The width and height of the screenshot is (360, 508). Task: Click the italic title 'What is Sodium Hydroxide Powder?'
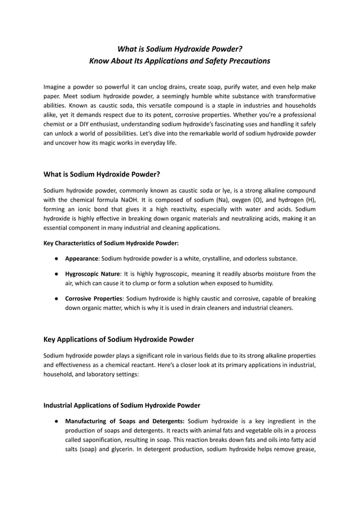[179, 48]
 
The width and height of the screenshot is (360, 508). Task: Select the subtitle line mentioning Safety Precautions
[179, 60]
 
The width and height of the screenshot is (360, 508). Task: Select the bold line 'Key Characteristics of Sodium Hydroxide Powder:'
[111, 244]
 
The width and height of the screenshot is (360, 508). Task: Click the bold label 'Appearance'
[82, 259]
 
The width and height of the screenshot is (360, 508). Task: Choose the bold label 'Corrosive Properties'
[93, 298]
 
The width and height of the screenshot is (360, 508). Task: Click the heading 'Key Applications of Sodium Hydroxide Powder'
[118, 339]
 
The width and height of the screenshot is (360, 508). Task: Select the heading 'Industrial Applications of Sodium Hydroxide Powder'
[121, 405]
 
